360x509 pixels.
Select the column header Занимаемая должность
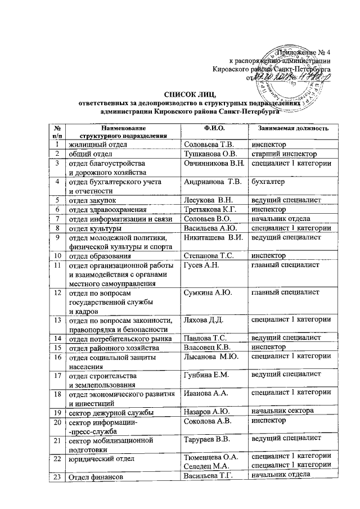(291, 128)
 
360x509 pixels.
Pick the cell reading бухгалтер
(268, 182)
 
